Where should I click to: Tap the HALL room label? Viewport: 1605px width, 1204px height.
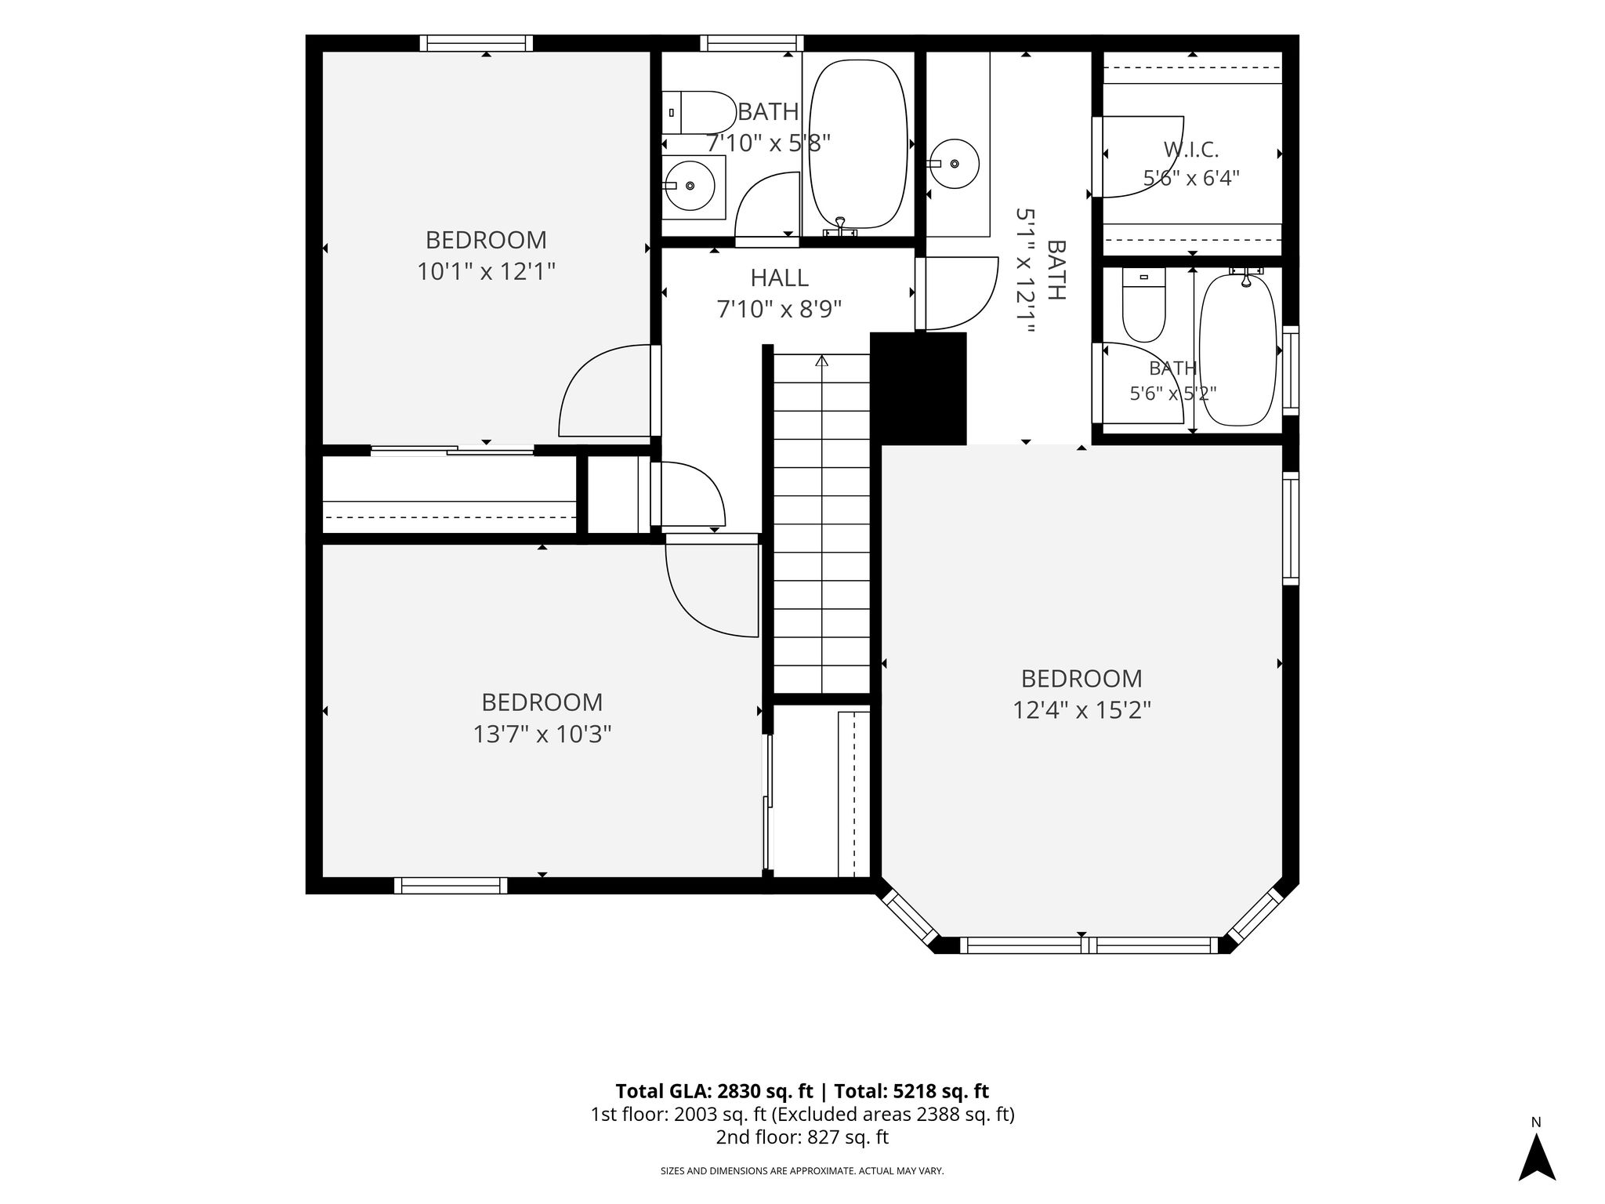coord(779,278)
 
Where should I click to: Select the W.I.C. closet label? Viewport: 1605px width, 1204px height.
coord(1191,149)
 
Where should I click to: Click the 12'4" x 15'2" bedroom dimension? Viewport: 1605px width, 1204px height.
coord(1081,710)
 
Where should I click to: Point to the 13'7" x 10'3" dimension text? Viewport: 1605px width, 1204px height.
coord(542,734)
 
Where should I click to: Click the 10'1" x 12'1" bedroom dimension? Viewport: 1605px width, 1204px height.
coord(486,272)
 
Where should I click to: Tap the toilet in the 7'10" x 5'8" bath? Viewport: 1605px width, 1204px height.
coord(697,113)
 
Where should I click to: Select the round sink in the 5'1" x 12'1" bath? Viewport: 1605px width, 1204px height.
coord(954,164)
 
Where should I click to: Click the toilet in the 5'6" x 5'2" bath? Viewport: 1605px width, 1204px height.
coord(1144,305)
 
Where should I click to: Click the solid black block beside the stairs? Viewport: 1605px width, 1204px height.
coord(918,389)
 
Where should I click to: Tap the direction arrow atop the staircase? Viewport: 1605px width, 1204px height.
coord(821,362)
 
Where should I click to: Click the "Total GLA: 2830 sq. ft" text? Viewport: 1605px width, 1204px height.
coord(716,1091)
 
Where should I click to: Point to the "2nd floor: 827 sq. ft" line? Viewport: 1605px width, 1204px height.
coord(802,1137)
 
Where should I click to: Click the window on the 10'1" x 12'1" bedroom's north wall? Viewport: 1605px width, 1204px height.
coord(476,43)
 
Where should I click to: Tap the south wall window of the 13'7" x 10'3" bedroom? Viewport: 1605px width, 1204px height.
coord(451,886)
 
